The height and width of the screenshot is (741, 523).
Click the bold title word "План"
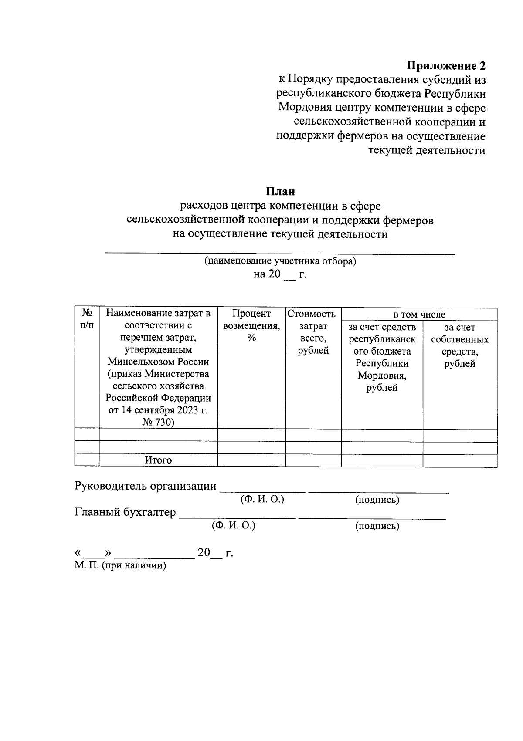point(281,191)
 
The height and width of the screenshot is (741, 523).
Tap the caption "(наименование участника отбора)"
point(281,261)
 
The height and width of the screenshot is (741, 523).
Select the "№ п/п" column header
point(87,319)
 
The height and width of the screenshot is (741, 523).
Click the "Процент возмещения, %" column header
point(251,325)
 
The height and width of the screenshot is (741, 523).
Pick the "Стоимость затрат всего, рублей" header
point(313,332)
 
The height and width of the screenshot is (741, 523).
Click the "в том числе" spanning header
point(419,315)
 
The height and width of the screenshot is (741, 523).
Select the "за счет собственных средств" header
point(460,345)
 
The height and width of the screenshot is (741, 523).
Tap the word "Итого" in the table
point(158,460)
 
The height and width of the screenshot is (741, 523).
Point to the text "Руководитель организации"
point(146,486)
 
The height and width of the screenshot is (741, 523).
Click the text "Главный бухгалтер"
point(125,512)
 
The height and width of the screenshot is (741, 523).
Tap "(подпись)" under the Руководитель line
point(377,500)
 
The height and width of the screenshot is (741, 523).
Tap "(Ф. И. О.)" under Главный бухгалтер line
point(233,525)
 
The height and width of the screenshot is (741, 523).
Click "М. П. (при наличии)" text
point(120,566)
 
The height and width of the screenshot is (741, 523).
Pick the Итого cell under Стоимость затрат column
point(313,460)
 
